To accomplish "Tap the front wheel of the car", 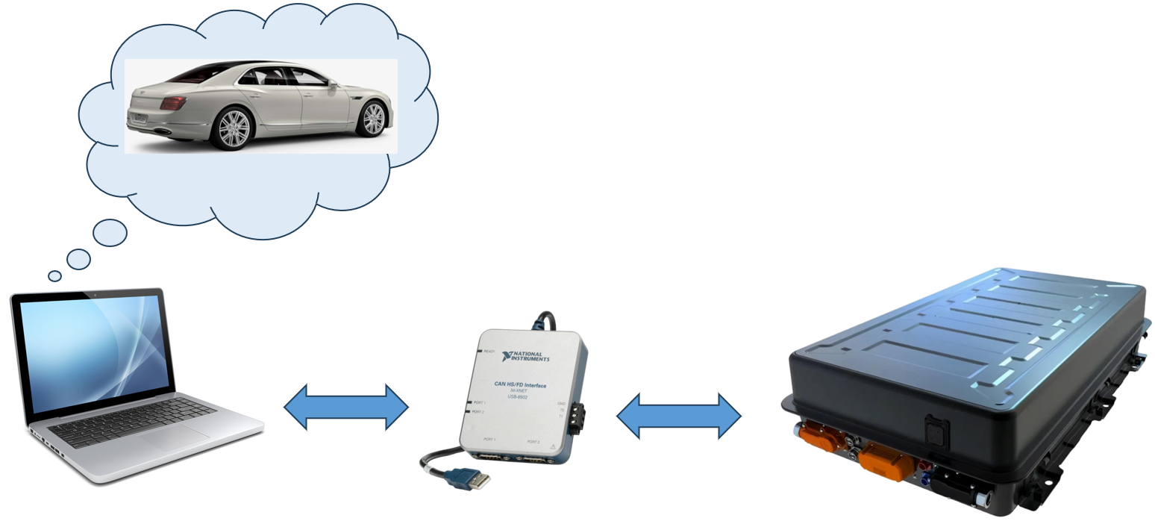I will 372,119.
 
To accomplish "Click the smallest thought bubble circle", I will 54,276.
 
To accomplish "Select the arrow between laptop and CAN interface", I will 346,408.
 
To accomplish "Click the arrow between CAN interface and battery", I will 679,416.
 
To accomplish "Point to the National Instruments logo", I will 526,356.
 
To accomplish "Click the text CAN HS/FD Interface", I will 520,385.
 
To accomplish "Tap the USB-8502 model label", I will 518,397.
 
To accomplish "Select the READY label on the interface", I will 489,351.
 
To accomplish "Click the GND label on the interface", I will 561,404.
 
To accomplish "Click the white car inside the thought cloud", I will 261,105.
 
